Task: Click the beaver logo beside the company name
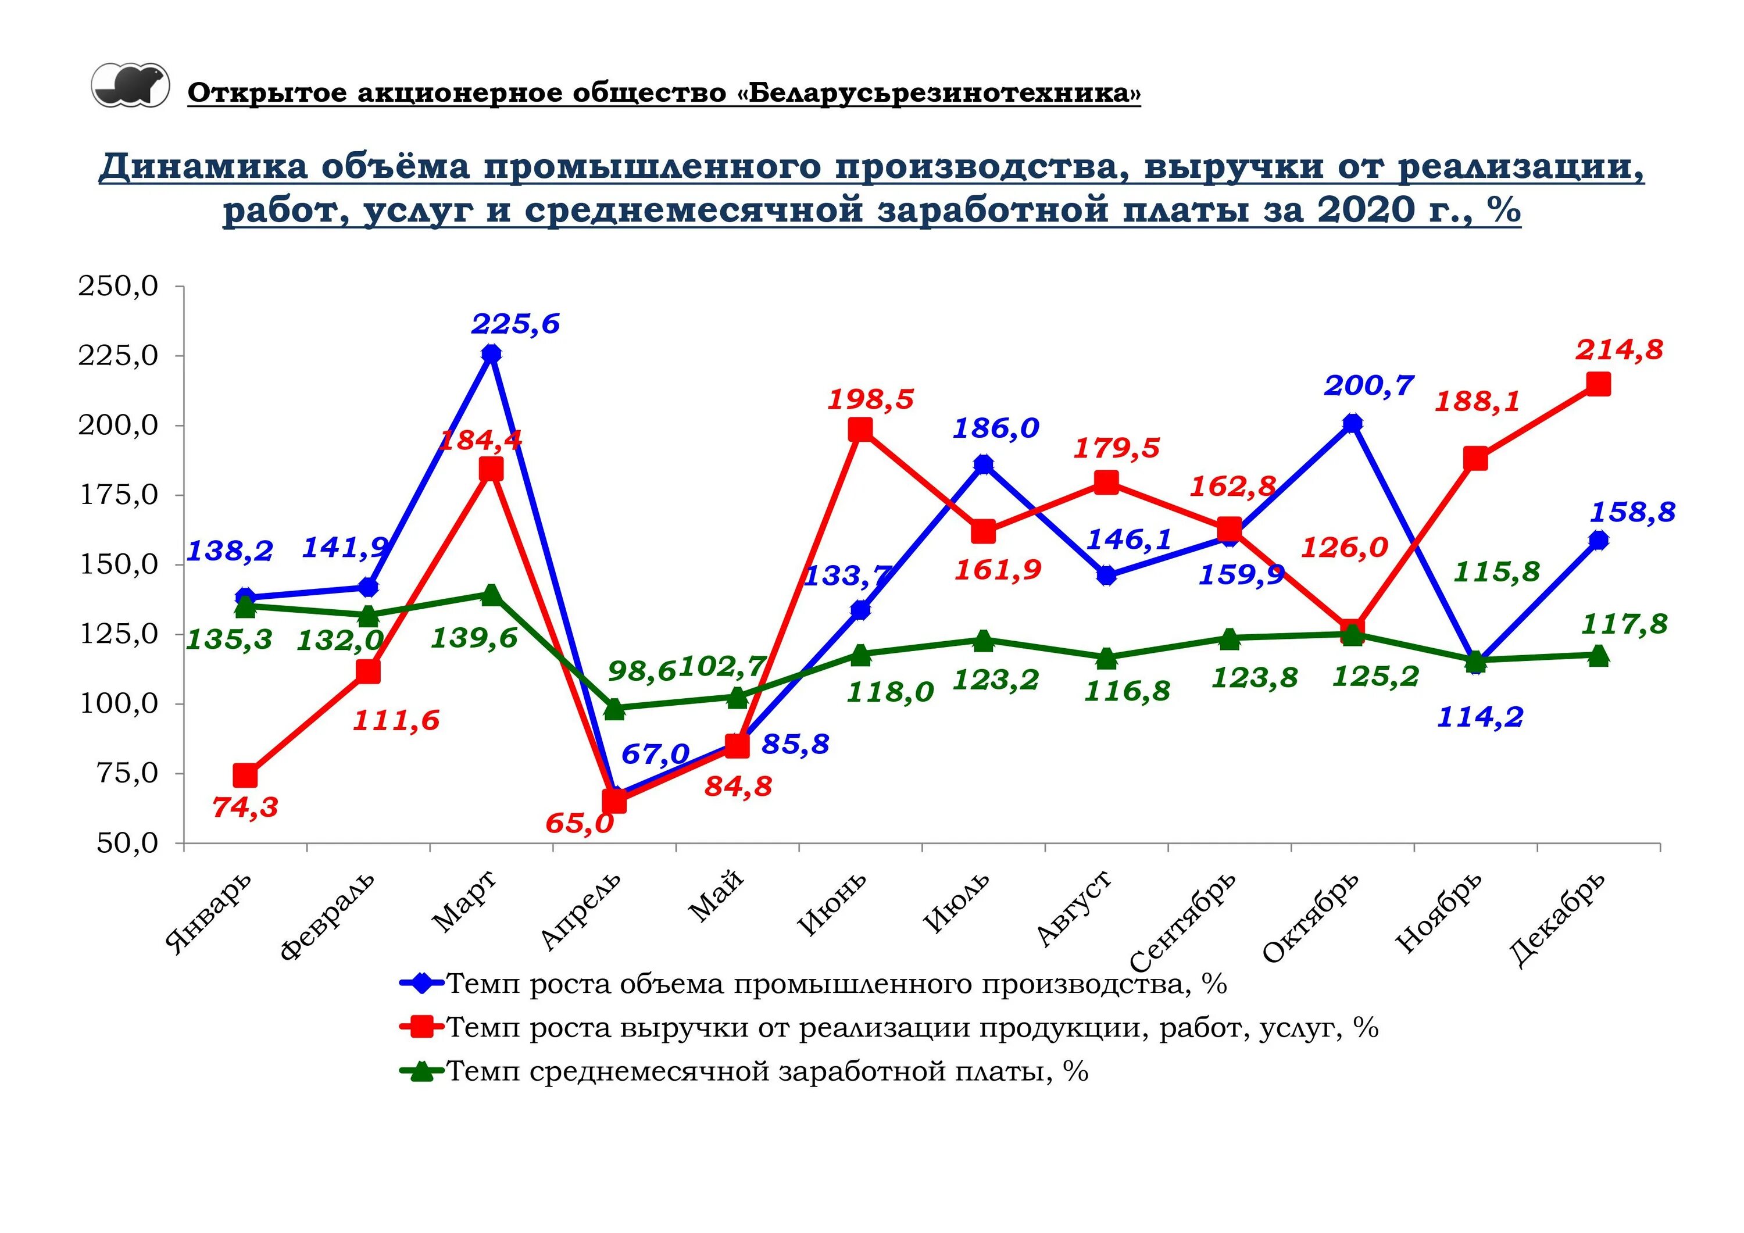coord(131,85)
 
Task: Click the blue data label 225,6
coord(515,324)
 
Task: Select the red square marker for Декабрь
coord(1598,384)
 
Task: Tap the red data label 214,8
coord(1618,350)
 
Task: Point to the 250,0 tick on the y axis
coord(119,287)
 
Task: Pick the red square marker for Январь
coord(245,775)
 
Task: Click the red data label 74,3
coord(245,807)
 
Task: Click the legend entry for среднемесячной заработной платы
coord(767,1072)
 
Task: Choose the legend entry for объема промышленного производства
coord(835,984)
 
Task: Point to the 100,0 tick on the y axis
coord(119,703)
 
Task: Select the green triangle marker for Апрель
coord(614,709)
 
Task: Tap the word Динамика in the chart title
coord(203,166)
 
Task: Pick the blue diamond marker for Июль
coord(983,464)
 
